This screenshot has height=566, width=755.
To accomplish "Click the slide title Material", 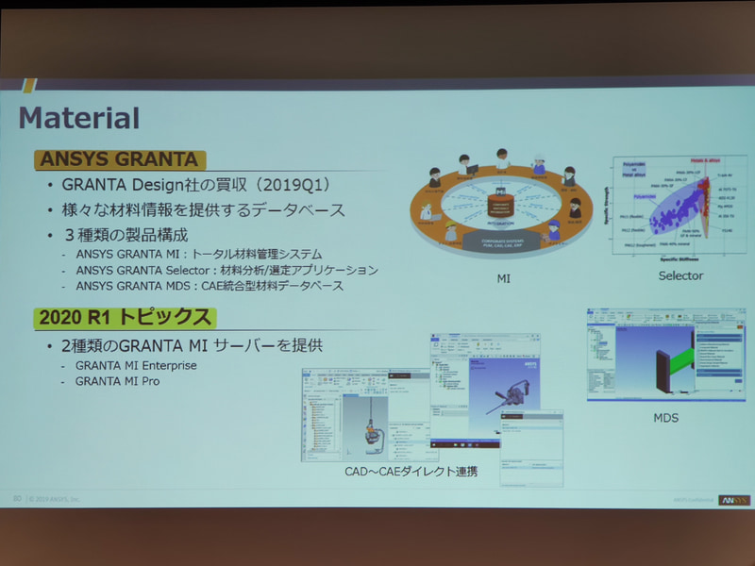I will pyautogui.click(x=79, y=118).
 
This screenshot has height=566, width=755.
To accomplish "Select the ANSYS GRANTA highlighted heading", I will pyautogui.click(x=118, y=159).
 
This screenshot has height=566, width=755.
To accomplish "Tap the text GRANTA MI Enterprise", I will pyautogui.click(x=137, y=366).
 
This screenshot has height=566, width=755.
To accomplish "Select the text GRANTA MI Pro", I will pyautogui.click(x=117, y=382).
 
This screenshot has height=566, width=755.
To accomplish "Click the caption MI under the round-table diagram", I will pyautogui.click(x=504, y=279).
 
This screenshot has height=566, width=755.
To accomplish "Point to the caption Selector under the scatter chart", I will pyautogui.click(x=680, y=275).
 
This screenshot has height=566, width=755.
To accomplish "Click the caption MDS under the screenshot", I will pyautogui.click(x=665, y=417).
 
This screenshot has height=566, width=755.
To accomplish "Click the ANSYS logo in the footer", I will pyautogui.click(x=732, y=499).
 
